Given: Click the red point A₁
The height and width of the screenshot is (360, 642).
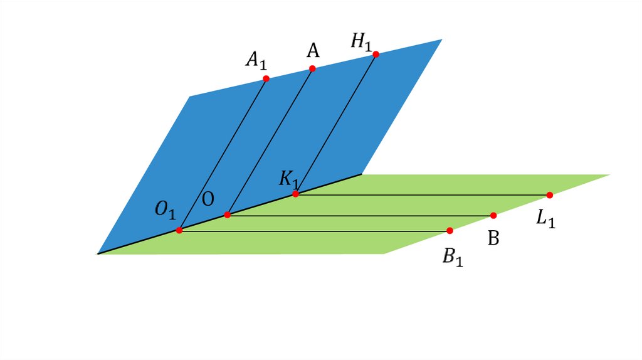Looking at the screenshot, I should (x=266, y=78).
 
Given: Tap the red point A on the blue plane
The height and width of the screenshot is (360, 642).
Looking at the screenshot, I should (x=312, y=68).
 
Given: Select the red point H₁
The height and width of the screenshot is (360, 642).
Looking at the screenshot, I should (x=376, y=55).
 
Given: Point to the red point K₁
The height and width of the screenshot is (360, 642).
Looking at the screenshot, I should (x=295, y=194).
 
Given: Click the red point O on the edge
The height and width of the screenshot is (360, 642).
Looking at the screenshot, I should (x=227, y=215).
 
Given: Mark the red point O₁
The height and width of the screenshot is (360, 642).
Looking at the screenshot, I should (x=179, y=230).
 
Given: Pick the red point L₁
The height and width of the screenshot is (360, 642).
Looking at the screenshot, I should (x=549, y=195).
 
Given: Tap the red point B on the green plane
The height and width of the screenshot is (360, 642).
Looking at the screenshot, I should (x=493, y=215).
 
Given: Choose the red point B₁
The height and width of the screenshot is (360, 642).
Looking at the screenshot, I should (x=450, y=231).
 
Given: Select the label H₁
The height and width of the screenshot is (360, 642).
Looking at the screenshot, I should (x=362, y=42).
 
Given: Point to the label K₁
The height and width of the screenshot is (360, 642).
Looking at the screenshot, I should (x=290, y=179).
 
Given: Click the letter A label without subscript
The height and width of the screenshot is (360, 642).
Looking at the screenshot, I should (x=312, y=50).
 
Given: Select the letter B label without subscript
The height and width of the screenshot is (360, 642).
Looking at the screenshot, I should (x=493, y=239).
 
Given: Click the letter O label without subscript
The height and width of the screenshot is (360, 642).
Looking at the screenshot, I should (x=208, y=199).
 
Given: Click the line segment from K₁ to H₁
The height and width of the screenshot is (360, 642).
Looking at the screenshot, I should (x=335, y=124).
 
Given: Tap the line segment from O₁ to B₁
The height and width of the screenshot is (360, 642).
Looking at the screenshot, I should (x=313, y=231).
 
